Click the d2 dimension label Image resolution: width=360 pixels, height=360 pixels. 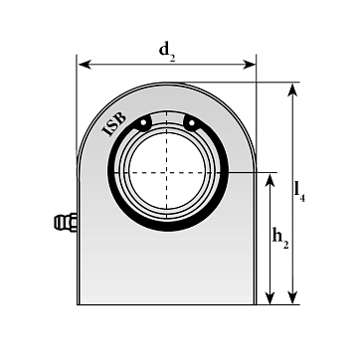click(x=167, y=52)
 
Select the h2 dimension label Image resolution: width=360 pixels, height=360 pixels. click(x=280, y=238)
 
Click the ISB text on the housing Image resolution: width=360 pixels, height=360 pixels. click(x=114, y=124)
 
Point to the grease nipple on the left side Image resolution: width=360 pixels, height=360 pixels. click(x=66, y=223)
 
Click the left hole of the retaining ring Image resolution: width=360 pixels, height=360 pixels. click(x=143, y=122)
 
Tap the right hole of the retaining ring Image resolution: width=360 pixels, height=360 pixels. click(x=191, y=123)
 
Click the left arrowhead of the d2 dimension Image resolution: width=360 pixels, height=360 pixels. click(x=85, y=65)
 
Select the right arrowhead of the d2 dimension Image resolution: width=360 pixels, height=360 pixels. click(x=249, y=65)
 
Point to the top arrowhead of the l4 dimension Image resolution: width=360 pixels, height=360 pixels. click(x=292, y=90)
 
